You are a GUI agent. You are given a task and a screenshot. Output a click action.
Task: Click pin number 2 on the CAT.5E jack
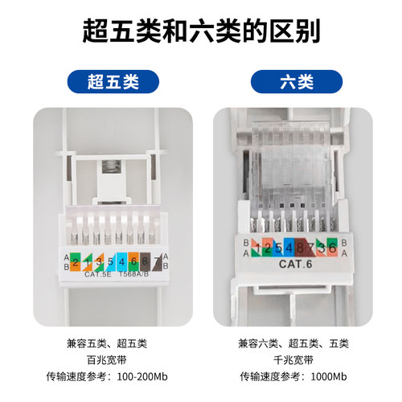(75, 262)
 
